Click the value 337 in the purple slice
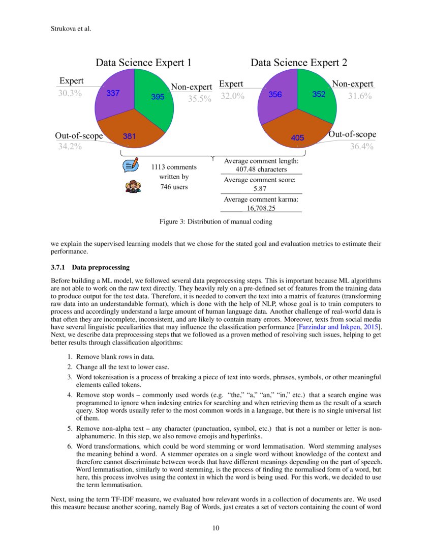113,93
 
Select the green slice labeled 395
158,97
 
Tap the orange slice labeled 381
129,136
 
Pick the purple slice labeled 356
275,94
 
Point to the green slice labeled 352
319,94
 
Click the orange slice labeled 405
297,137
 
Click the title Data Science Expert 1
144,63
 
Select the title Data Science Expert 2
299,63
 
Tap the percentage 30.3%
70,93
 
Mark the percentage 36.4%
361,147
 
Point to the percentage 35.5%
199,99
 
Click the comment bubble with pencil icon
131,165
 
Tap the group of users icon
133,186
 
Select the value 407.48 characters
261,169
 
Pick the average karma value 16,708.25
261,208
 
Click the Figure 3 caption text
215,221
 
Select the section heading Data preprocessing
101,267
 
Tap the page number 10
216,527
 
